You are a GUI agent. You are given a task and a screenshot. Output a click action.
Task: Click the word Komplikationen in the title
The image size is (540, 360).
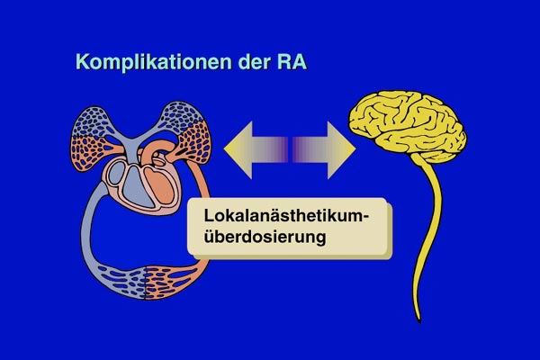click(x=153, y=62)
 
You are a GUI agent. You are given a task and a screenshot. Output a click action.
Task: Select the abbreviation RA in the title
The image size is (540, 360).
click(x=292, y=62)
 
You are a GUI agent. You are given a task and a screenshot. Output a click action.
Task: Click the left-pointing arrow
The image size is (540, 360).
click(x=256, y=150)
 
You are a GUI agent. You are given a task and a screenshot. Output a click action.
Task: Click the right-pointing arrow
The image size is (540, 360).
click(x=324, y=150)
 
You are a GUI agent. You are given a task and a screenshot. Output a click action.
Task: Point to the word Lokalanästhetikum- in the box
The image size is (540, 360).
click(x=286, y=216)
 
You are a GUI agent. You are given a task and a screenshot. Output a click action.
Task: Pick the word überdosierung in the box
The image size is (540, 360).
click(x=265, y=237)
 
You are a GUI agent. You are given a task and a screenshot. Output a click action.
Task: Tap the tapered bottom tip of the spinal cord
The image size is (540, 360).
click(x=419, y=322)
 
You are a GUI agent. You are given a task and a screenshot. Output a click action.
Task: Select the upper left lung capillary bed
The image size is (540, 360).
click(x=93, y=138)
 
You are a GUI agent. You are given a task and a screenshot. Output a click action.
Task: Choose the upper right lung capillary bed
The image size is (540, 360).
click(x=186, y=132)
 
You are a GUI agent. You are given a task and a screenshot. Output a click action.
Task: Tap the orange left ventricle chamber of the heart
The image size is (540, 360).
click(x=159, y=186)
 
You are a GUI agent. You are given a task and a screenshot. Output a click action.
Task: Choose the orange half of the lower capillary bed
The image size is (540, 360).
click(x=174, y=281)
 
